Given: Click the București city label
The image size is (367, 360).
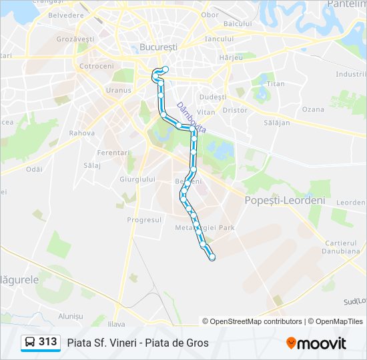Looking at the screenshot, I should pyautogui.click(x=159, y=47).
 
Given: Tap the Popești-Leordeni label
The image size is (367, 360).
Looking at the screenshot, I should pyautogui.click(x=285, y=200).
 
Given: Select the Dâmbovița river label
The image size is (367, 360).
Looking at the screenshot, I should pyautogui.click(x=191, y=117).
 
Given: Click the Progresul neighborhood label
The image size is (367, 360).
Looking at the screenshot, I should pyautogui.click(x=144, y=219).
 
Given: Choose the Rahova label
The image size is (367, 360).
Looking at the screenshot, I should pyautogui.click(x=81, y=133).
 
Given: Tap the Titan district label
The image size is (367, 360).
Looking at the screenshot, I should pyautogui.click(x=276, y=84).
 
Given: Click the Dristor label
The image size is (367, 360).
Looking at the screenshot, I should pyautogui.click(x=234, y=110).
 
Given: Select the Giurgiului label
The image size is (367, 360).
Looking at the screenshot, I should pyautogui.click(x=137, y=179).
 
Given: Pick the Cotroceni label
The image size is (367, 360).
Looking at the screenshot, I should pyautogui.click(x=97, y=67).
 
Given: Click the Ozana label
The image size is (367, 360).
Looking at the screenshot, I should pyautogui.click(x=313, y=109).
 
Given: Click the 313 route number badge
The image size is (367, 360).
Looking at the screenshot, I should pyautogui.click(x=48, y=342).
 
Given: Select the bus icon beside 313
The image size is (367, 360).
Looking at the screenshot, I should pyautogui.click(x=30, y=343).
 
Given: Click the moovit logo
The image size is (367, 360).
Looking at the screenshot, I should pyautogui.click(x=316, y=343).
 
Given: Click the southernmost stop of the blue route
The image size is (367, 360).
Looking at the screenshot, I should pyautogui.click(x=212, y=257).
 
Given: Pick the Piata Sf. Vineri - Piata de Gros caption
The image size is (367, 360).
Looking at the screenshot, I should pyautogui.click(x=137, y=343).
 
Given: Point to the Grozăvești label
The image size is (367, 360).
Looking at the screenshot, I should pyautogui.click(x=75, y=39).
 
